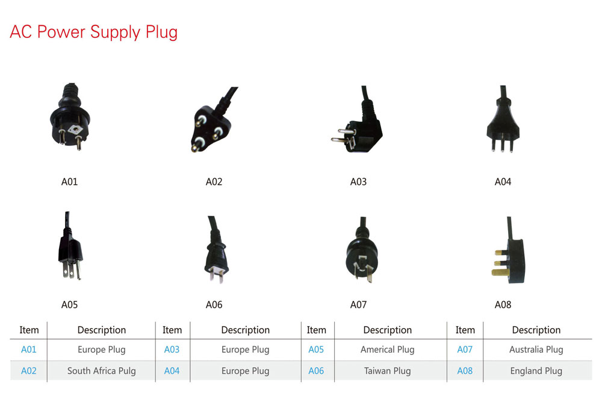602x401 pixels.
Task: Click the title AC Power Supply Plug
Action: (x=93, y=32)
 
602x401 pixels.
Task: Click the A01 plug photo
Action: (x=69, y=120)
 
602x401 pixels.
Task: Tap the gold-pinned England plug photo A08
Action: (x=509, y=256)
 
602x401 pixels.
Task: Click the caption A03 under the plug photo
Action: (x=358, y=182)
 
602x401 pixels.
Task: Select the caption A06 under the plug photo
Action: (x=214, y=305)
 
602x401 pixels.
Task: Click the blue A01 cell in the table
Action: (x=29, y=350)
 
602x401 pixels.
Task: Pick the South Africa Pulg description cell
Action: (x=101, y=371)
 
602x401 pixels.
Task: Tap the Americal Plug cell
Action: (x=387, y=350)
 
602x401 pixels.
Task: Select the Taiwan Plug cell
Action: (x=387, y=371)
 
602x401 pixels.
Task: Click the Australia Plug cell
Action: (x=536, y=350)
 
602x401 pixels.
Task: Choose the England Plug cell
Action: (x=536, y=371)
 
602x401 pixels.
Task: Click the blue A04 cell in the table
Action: (x=172, y=371)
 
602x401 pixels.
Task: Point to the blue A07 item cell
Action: (x=465, y=350)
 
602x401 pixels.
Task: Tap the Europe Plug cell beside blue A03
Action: (x=245, y=350)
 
